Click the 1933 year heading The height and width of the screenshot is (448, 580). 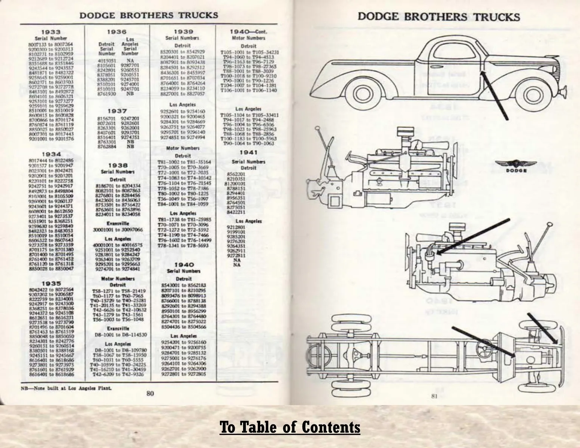pyautogui.click(x=51, y=32)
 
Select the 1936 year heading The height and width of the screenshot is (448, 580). pyautogui.click(x=117, y=32)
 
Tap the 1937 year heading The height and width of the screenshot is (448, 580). pyautogui.click(x=117, y=111)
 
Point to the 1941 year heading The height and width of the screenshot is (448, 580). pyautogui.click(x=248, y=152)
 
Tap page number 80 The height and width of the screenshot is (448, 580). pyautogui.click(x=150, y=393)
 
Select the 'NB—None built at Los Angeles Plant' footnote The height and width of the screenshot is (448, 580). pyautogui.click(x=67, y=388)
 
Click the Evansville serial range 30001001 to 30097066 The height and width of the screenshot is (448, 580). pyautogui.click(x=117, y=230)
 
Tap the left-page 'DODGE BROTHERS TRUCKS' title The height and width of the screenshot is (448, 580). pyautogui.click(x=149, y=15)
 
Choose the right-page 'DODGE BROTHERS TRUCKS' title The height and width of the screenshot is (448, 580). pyautogui.click(x=438, y=17)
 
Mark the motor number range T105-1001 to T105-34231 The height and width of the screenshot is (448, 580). pyautogui.click(x=249, y=52)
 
